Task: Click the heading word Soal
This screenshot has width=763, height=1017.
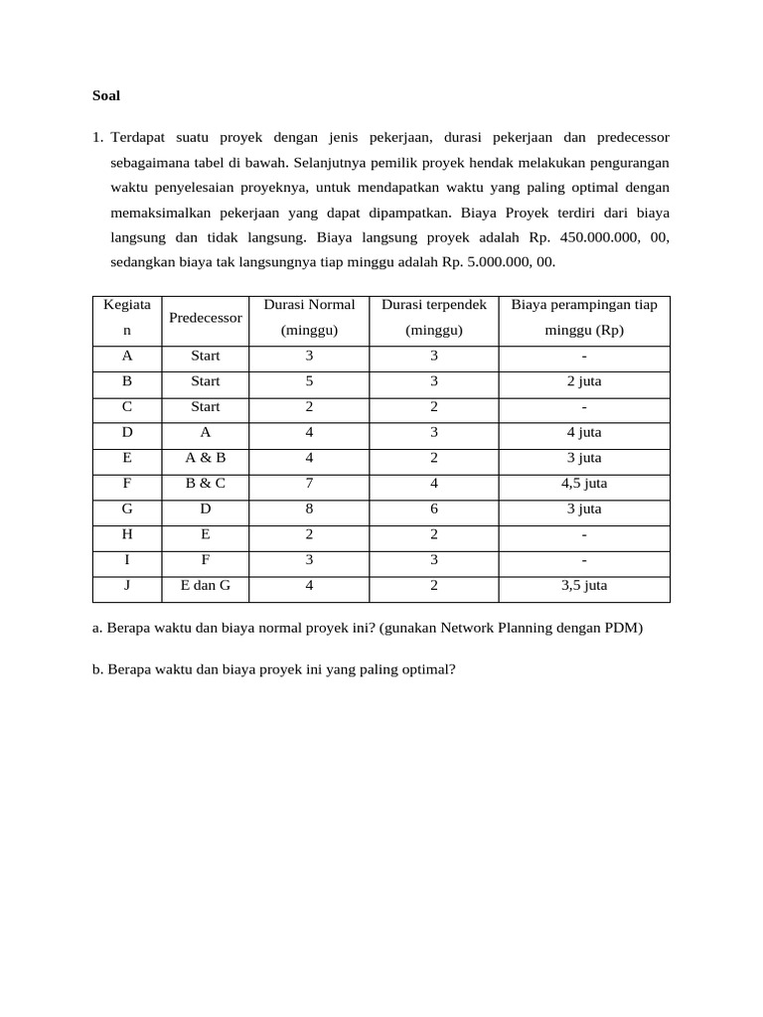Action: pos(105,96)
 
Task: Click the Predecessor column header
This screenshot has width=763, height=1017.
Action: pos(206,318)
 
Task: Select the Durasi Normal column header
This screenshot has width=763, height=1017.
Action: pos(309,305)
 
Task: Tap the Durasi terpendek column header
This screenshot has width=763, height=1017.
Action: pos(434,305)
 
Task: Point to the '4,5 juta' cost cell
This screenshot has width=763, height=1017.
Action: pos(584,484)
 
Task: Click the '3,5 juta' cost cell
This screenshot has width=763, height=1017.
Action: pos(584,586)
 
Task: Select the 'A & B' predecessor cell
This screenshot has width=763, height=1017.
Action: pos(206,458)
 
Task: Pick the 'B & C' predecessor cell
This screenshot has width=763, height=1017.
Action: pos(206,484)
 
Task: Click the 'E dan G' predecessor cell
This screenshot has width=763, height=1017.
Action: pos(206,586)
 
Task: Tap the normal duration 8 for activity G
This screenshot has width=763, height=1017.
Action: pos(309,509)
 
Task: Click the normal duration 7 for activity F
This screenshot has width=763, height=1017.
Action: pos(309,484)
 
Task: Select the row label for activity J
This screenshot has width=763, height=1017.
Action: pos(126,586)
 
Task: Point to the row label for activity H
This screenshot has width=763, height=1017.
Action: pos(126,534)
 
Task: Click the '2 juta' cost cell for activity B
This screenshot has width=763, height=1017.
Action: pos(584,381)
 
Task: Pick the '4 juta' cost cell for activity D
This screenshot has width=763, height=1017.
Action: pos(584,432)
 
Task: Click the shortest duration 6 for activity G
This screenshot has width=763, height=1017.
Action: pos(434,509)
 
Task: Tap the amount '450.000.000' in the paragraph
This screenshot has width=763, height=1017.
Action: pos(581,237)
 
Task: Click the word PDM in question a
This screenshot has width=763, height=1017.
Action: pos(624,629)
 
